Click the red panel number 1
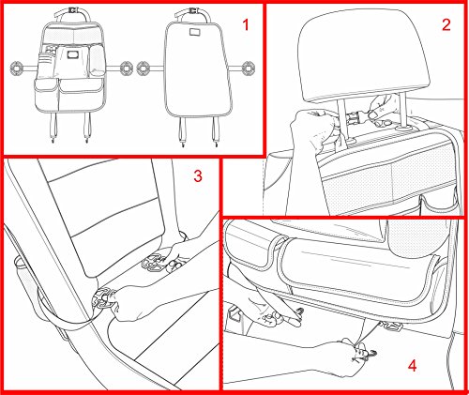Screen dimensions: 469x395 click(x=246, y=24)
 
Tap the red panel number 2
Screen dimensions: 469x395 click(x=446, y=24)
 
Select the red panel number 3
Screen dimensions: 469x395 click(x=198, y=176)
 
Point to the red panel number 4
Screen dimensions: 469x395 click(x=413, y=365)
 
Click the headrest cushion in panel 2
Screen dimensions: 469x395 click(x=364, y=54)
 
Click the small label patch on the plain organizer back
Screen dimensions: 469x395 click(x=194, y=32)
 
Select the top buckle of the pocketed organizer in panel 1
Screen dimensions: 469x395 click(x=72, y=10)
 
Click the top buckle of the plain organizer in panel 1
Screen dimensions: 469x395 click(x=192, y=12)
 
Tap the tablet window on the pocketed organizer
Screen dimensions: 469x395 click(x=73, y=55)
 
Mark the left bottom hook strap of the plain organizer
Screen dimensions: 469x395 click(x=182, y=131)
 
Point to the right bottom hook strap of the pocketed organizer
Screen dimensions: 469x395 click(x=87, y=128)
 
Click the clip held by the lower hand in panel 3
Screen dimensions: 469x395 click(x=102, y=298)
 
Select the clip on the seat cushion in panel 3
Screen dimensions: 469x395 click(x=153, y=262)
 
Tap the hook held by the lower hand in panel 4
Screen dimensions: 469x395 click(x=369, y=355)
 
